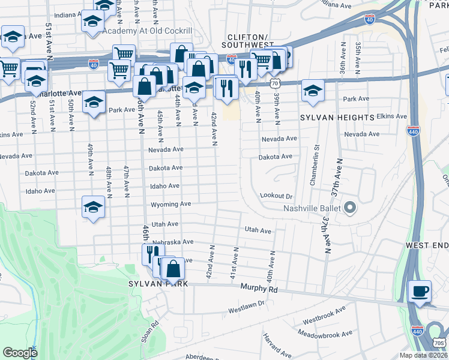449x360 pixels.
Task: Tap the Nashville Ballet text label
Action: (312, 209)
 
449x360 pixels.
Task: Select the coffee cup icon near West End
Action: (420, 292)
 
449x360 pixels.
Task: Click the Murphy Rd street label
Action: (260, 289)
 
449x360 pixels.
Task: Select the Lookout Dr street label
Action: (276, 196)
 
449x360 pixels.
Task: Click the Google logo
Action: (20, 353)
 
